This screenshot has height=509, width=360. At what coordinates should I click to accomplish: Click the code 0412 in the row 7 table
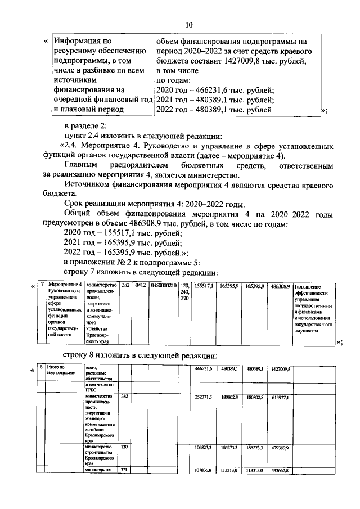click(141, 286)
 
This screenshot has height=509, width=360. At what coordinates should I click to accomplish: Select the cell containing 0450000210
click(164, 286)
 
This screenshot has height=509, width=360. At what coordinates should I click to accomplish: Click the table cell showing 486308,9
click(280, 286)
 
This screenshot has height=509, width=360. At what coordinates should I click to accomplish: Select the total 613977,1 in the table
click(280, 397)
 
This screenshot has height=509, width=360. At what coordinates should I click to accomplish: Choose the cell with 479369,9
click(280, 448)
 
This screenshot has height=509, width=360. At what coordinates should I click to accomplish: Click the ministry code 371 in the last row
click(125, 470)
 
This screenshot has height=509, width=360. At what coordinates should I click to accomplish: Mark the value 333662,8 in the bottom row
click(280, 470)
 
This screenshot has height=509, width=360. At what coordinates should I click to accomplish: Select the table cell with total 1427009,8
click(280, 368)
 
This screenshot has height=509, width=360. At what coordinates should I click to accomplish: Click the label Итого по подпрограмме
click(61, 371)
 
